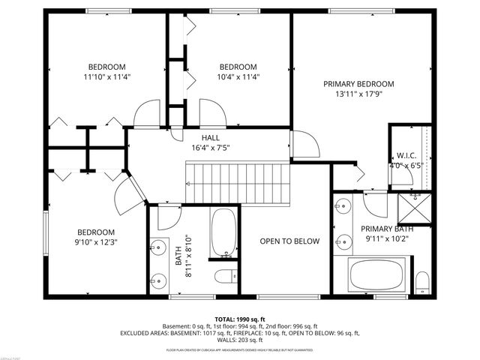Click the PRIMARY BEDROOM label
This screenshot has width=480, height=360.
tap(358, 84)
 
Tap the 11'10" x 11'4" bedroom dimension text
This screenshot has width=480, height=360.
tap(107, 76)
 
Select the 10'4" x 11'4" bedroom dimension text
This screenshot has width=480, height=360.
tap(238, 76)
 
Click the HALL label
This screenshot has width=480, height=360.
tap(210, 138)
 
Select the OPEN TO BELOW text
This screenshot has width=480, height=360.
tap(289, 241)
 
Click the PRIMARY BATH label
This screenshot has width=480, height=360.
tap(387, 229)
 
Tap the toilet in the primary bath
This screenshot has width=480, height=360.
tap(421, 282)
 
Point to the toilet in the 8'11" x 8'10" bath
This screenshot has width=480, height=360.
tap(224, 276)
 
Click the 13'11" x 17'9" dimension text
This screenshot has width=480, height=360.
tap(358, 94)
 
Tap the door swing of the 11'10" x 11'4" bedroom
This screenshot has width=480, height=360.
tap(147, 114)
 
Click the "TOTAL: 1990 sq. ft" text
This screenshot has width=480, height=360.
tap(240, 319)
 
